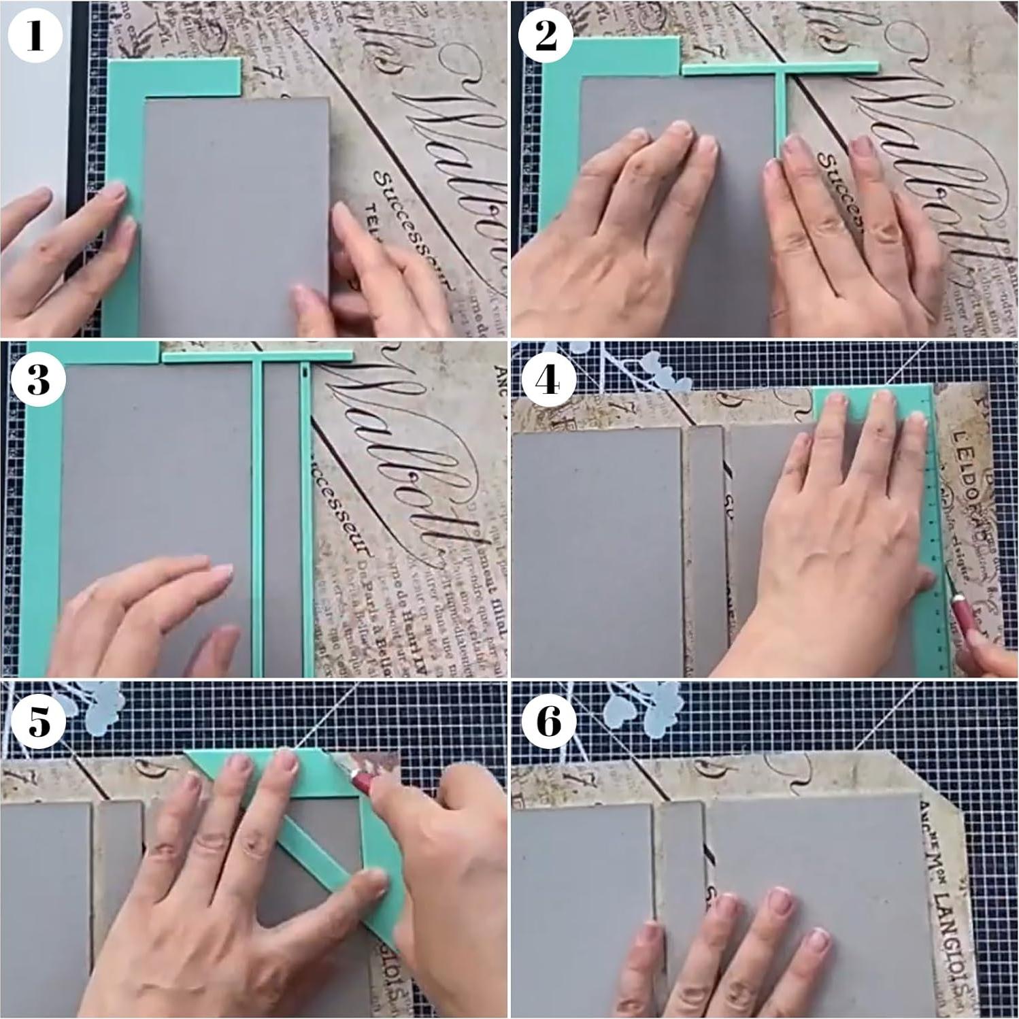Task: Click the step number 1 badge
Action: (35, 35)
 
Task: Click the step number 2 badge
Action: (546, 35)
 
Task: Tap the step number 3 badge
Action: (38, 379)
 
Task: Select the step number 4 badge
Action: (547, 379)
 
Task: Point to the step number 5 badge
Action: (39, 720)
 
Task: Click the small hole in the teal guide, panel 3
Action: (304, 372)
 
